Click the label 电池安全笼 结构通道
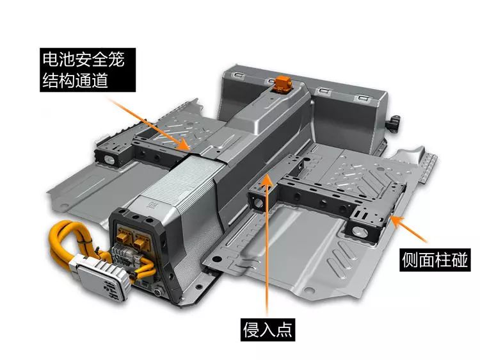[x=88, y=70]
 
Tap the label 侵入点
[x=268, y=330]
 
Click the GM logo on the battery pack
[x=152, y=205]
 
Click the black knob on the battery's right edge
[x=393, y=124]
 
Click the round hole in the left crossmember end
[x=109, y=158]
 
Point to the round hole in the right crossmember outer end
[x=360, y=232]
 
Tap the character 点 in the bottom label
[x=284, y=330]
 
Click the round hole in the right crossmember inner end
[x=258, y=203]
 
